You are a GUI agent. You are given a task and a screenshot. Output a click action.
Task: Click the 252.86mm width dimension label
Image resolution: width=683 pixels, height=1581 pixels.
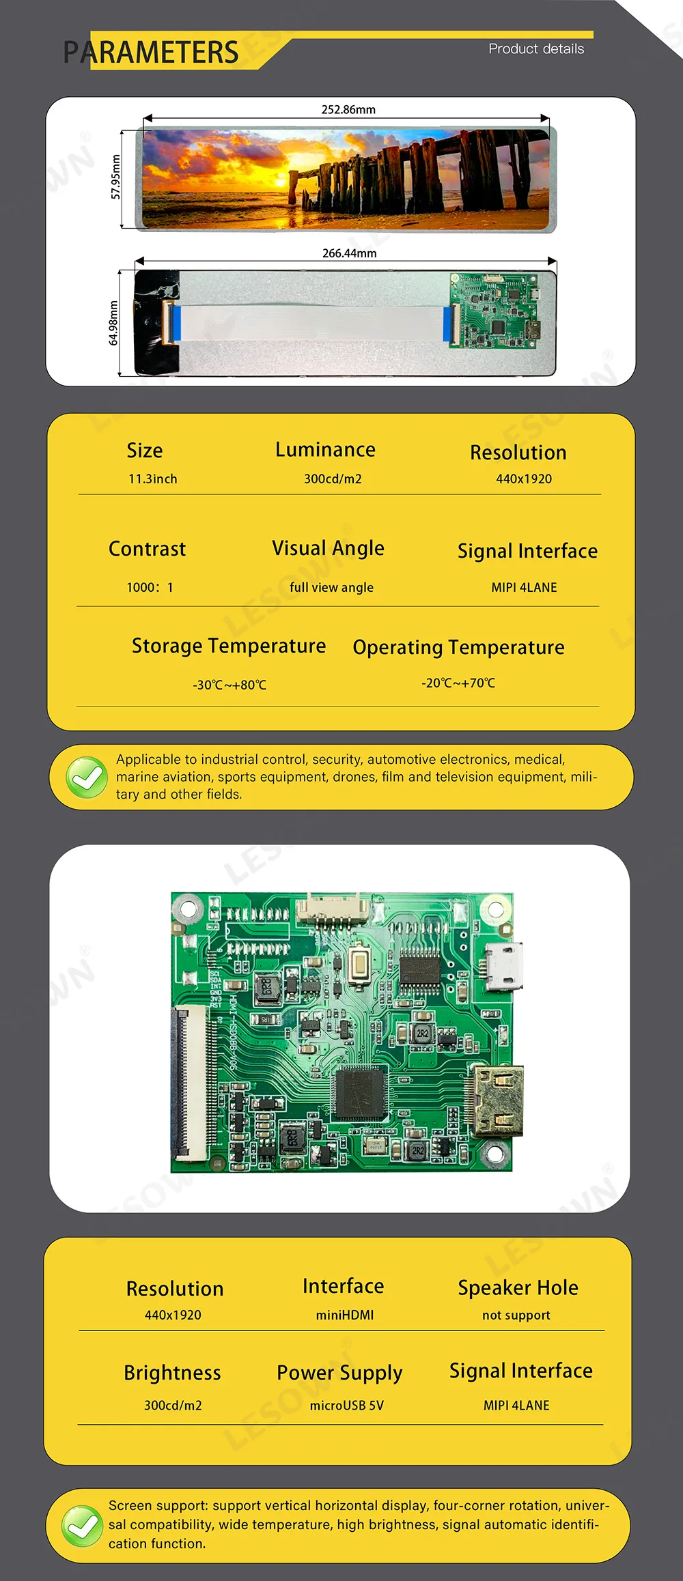point(348,110)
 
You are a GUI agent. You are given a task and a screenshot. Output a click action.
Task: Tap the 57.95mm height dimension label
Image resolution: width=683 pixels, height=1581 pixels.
point(115,177)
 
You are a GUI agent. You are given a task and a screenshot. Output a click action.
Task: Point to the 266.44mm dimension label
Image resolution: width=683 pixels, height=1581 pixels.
point(349,253)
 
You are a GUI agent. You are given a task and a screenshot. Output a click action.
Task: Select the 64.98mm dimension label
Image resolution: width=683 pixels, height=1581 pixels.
point(113,323)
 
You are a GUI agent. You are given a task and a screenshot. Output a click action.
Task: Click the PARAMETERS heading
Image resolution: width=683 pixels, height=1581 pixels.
point(151,53)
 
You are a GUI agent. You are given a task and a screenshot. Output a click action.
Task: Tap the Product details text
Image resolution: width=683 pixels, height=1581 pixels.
point(536,49)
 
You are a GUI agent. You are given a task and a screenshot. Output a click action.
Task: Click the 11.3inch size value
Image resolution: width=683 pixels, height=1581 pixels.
point(152,479)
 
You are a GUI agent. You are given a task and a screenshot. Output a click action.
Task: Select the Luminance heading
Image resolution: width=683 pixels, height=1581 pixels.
point(325,450)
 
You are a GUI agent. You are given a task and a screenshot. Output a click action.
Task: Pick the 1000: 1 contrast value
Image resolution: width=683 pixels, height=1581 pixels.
point(150,588)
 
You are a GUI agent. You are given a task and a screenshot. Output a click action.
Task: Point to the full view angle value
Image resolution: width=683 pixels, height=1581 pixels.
point(331,588)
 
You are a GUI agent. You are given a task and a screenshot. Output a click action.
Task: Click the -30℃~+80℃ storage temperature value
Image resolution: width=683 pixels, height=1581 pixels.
point(229,685)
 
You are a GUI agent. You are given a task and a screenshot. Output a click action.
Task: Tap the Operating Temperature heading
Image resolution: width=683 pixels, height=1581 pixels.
point(458,647)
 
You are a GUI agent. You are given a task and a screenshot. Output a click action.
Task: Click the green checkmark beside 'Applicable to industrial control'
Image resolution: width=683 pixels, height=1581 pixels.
point(87,778)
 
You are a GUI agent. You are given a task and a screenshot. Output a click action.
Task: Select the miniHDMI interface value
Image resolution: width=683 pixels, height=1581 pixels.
point(344,1315)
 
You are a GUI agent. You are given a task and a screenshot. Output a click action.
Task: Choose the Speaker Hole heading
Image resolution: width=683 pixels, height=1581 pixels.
point(518,1288)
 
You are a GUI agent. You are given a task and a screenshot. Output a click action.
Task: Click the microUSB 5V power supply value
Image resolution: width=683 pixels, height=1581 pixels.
point(346,1406)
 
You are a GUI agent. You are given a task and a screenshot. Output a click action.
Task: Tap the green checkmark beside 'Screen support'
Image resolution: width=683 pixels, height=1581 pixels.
point(83,1526)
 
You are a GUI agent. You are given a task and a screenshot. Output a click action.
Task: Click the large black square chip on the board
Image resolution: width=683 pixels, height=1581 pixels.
point(361,1091)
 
